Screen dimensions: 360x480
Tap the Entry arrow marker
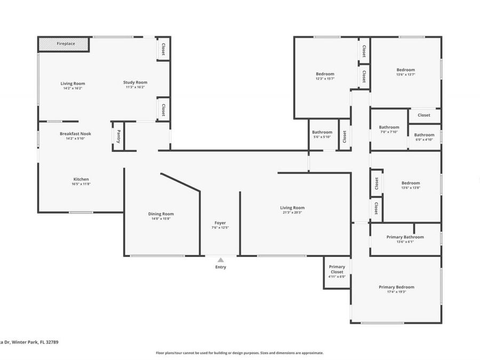click(220, 260)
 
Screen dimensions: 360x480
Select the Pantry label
click(118, 137)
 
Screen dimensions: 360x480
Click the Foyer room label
click(220, 223)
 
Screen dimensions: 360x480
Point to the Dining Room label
click(161, 214)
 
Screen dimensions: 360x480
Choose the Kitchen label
click(81, 179)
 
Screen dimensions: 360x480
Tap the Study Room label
click(135, 82)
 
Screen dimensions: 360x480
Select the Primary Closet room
click(337, 271)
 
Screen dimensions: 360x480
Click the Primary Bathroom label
click(405, 237)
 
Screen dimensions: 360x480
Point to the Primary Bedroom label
click(396, 287)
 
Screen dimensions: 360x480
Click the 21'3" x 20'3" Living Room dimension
click(292, 212)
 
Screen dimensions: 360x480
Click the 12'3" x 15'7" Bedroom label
click(325, 74)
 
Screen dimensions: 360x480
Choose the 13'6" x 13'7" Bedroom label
click(405, 70)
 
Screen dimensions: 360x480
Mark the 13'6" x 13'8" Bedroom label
click(411, 183)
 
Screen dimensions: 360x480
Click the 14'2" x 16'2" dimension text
click(73, 88)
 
